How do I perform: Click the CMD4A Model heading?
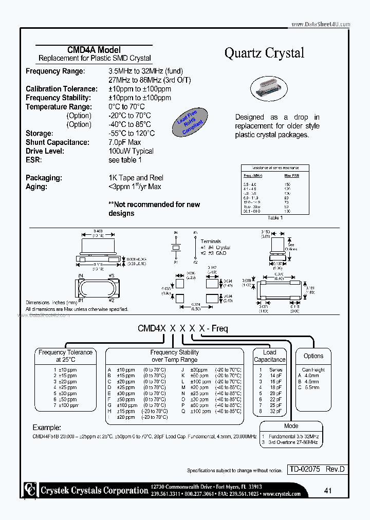coord(94,50)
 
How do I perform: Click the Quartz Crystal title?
coord(264,53)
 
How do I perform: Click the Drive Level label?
coord(45,151)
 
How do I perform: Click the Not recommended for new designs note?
coord(154,209)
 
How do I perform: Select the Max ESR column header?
coord(291,176)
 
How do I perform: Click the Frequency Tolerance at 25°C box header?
coord(66,356)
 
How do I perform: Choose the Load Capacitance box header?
coord(269,356)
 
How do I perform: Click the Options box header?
coord(313,356)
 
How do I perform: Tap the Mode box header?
coord(291,426)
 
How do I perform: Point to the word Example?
coord(47,428)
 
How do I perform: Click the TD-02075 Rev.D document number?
coord(316,469)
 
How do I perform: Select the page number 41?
coord(328,491)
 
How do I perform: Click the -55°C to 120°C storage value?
coord(132,134)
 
